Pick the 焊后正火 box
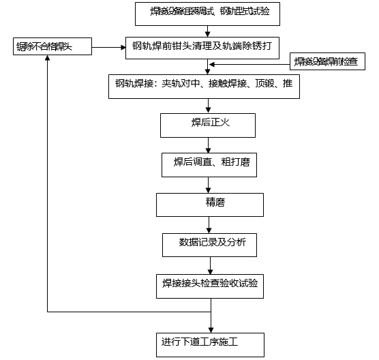207,125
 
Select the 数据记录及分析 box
209,243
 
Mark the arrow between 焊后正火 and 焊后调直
207,145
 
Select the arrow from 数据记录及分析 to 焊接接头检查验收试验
207,265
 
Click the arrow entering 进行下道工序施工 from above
207,320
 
